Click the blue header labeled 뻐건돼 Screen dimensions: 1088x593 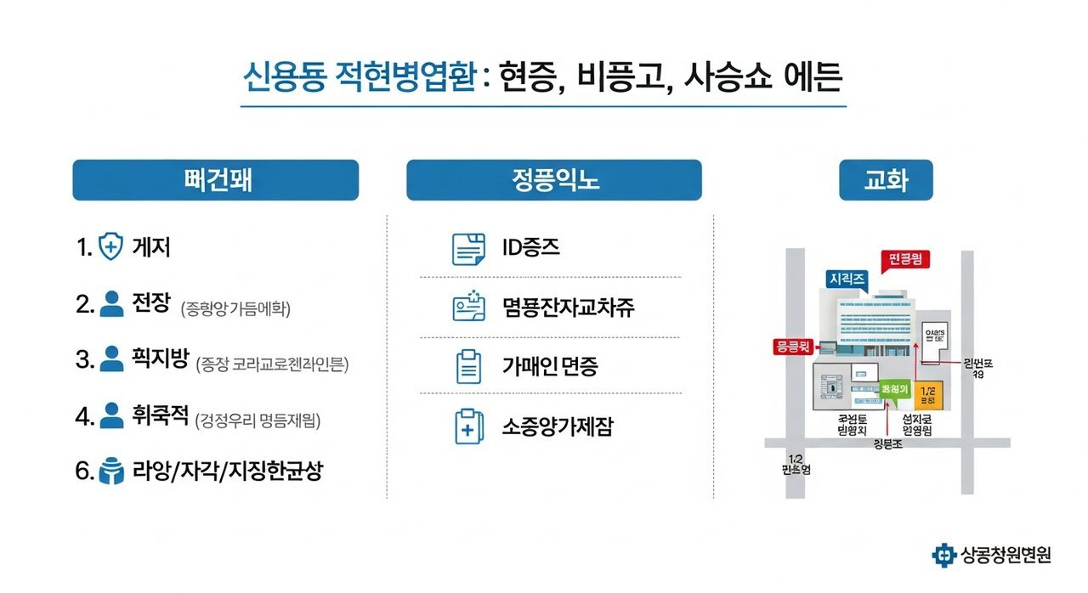coord(215,180)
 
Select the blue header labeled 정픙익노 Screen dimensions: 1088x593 coord(553,180)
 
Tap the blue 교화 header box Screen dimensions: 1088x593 coord(885,180)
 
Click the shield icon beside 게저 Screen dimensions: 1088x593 coord(111,247)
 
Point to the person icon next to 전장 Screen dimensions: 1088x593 coord(111,303)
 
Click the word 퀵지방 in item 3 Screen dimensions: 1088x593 coord(159,360)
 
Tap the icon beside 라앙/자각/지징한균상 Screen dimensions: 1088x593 coord(111,472)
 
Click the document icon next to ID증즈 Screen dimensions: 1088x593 coord(467,249)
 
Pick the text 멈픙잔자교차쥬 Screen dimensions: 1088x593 coord(568,307)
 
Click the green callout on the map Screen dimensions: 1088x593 coord(896,389)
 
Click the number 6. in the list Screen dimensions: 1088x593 coord(83,472)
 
